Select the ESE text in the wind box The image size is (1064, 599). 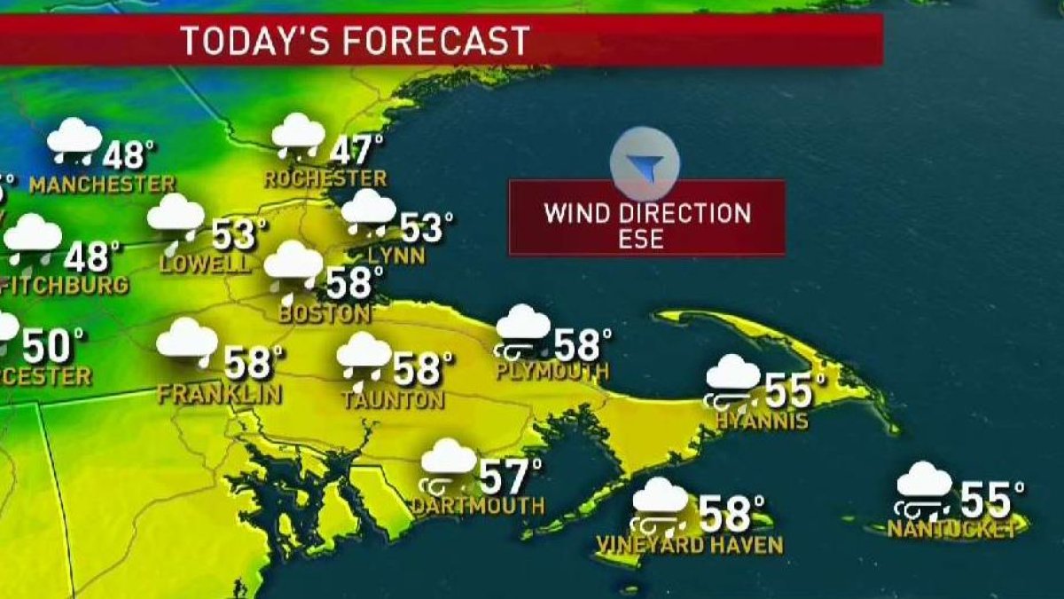click(646, 239)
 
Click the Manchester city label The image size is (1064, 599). click(102, 185)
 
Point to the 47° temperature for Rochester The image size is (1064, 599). click(356, 148)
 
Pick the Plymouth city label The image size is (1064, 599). click(552, 371)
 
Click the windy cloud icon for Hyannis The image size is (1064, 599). click(733, 381)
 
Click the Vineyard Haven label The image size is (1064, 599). click(689, 544)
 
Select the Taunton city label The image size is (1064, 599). click(393, 399)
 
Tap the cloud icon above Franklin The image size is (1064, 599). click(187, 343)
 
